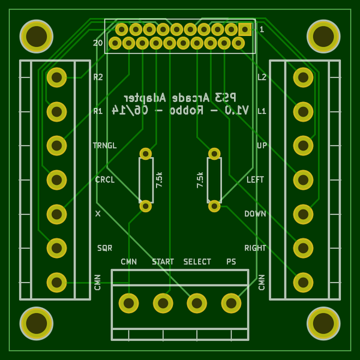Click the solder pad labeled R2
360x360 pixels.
56,77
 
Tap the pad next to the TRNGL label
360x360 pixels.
56,145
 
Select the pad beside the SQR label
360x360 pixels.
56,248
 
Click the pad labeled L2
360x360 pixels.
303,77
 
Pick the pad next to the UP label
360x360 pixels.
303,145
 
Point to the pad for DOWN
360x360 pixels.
303,214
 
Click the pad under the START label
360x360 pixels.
163,303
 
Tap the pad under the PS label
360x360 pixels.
231,303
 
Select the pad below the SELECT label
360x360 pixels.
197,303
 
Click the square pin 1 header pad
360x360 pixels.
245,29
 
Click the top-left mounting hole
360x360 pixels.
37,37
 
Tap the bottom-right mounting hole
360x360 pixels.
323,323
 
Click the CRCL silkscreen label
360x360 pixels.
104,179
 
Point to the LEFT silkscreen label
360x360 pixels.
255,179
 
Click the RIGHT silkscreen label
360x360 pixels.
255,248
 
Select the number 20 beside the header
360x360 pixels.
98,43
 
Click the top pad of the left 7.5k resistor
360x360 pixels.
146,154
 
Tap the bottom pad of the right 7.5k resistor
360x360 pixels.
214,206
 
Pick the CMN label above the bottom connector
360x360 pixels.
128,262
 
